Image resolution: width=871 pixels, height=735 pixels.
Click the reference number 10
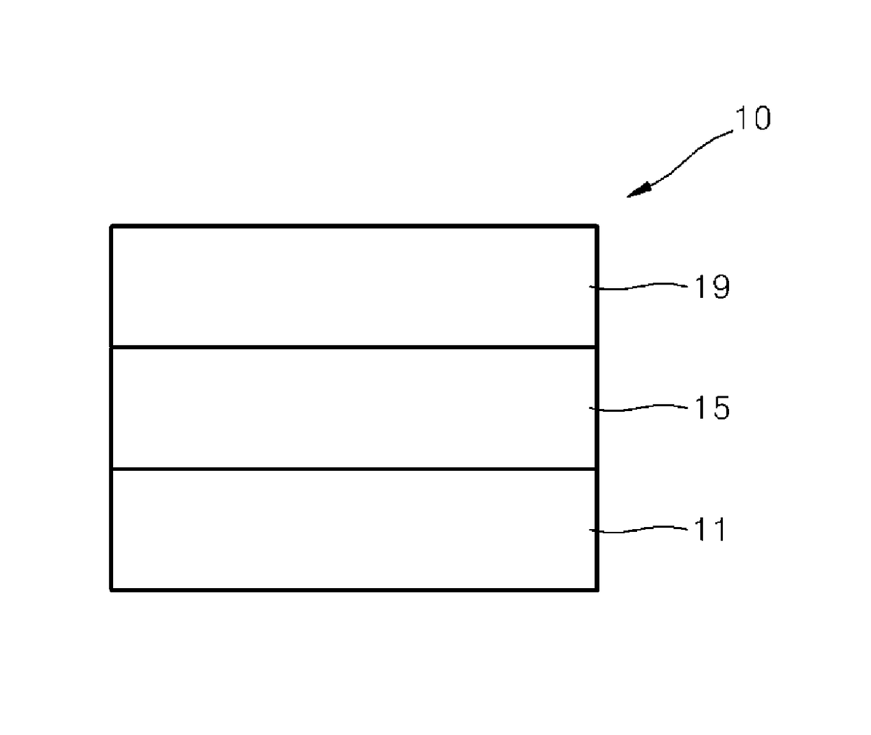[x=752, y=118]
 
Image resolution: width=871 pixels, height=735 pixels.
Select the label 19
[x=712, y=287]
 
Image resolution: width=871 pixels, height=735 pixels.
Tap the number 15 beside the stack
[x=712, y=408]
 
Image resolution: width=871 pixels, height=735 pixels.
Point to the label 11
[x=709, y=529]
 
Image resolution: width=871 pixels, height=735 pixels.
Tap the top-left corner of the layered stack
[x=112, y=226]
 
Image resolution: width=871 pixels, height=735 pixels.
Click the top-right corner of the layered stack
[x=597, y=226]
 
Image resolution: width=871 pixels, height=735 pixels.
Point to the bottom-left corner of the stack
[x=112, y=590]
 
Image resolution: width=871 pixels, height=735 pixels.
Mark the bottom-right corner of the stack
[x=597, y=590]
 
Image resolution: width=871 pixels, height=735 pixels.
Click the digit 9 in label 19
[x=721, y=287]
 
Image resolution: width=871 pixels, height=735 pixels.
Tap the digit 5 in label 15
[x=721, y=408]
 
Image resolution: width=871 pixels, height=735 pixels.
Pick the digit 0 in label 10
[x=761, y=118]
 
